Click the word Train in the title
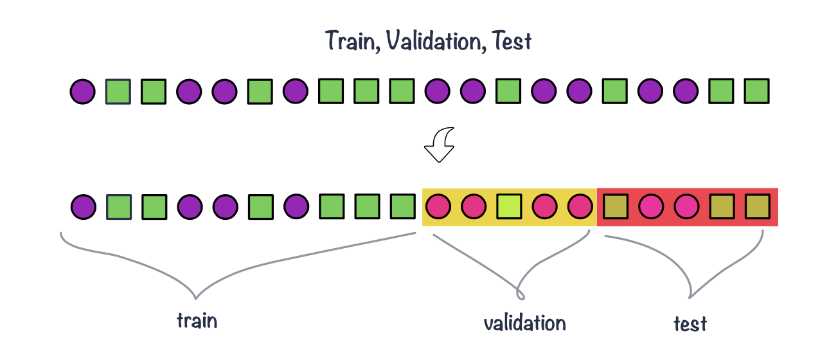(x=348, y=41)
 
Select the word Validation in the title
(x=432, y=41)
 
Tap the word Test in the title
(x=513, y=41)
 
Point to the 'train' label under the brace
(x=197, y=320)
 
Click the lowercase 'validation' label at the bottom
(x=524, y=322)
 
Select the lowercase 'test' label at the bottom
(x=690, y=323)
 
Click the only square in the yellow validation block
(x=510, y=207)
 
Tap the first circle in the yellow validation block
(x=438, y=207)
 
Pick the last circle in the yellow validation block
(x=581, y=207)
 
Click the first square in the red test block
(x=616, y=207)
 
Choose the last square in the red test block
(x=757, y=207)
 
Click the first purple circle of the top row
(x=83, y=92)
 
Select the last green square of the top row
(x=757, y=92)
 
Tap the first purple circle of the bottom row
(x=83, y=207)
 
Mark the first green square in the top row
(x=118, y=92)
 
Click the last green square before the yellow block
(x=403, y=207)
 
